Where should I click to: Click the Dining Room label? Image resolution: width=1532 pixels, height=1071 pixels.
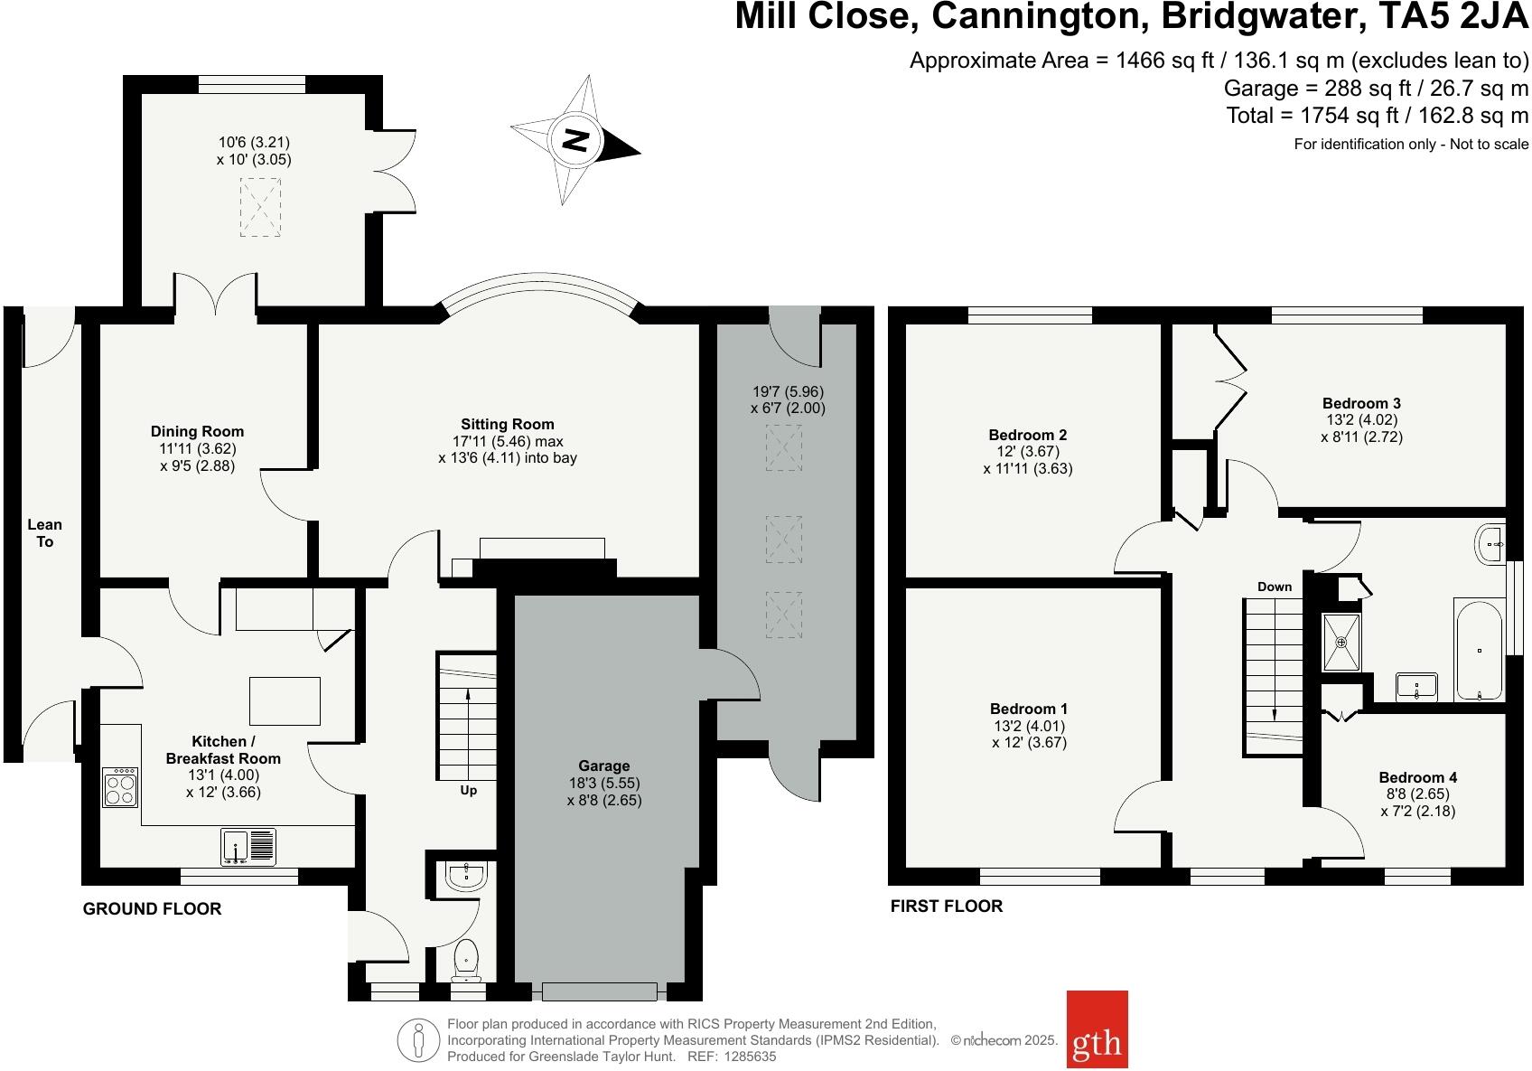tap(197, 432)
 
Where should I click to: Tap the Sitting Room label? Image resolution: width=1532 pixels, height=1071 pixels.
tap(507, 424)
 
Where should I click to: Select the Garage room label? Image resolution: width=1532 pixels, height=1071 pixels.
tap(604, 766)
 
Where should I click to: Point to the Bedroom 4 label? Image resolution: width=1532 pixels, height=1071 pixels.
tap(1417, 777)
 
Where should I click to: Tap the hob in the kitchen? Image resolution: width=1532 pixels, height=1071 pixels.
tap(120, 786)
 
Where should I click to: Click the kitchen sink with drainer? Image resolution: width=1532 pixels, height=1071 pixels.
tap(248, 847)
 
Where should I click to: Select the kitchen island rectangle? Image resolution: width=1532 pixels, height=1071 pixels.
tap(285, 700)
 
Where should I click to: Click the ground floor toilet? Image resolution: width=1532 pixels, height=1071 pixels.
tap(466, 959)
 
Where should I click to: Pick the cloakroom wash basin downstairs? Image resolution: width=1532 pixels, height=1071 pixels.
tap(466, 876)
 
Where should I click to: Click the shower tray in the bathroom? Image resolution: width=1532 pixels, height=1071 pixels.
tap(1340, 642)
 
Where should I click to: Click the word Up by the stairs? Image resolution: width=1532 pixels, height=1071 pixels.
tap(468, 790)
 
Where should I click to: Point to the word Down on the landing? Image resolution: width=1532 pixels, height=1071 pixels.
tap(1275, 587)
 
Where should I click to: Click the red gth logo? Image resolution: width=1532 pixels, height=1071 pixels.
tap(1097, 1029)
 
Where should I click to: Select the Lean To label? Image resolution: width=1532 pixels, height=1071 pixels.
tap(44, 532)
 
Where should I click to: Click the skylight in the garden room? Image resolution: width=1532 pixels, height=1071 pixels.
tap(260, 208)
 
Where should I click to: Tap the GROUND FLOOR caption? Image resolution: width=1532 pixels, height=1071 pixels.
tap(152, 909)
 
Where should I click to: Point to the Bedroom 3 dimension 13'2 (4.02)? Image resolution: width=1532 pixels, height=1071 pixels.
tap(1361, 420)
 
